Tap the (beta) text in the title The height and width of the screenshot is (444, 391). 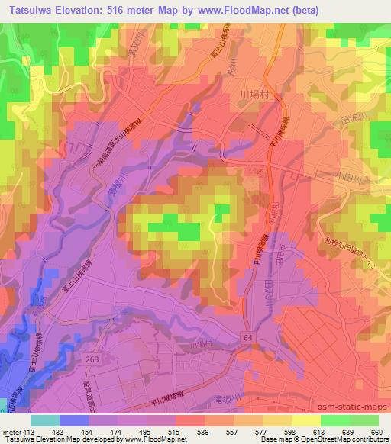coord(302,9)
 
